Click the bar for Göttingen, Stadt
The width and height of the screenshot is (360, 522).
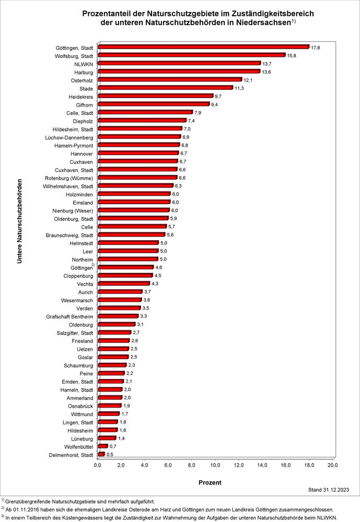pyautogui.click(x=203, y=47)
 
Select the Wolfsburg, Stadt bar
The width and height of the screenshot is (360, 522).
pyautogui.click(x=191, y=55)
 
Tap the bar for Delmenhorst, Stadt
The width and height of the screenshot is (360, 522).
pyautogui.click(x=101, y=455)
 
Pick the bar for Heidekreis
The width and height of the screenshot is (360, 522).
pyautogui.click(x=155, y=96)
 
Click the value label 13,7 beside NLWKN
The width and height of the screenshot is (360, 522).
pyautogui.click(x=267, y=63)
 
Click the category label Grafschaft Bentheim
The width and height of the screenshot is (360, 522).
pyautogui.click(x=69, y=316)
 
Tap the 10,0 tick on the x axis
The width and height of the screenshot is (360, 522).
pyautogui.click(x=215, y=465)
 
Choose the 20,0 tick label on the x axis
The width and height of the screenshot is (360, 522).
pyautogui.click(x=332, y=465)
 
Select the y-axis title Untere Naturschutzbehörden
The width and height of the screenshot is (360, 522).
pyautogui.click(x=19, y=221)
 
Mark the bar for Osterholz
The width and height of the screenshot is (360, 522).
pyautogui.click(x=169, y=80)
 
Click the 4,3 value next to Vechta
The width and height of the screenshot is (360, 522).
pyautogui.click(x=155, y=283)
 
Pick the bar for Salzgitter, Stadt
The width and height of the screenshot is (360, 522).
pyautogui.click(x=114, y=333)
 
